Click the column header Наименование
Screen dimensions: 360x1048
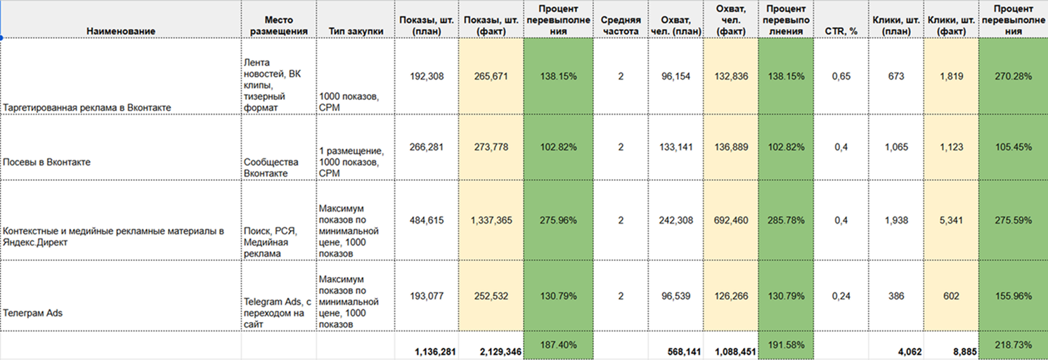pos(121,31)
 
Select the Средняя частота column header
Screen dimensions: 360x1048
pos(621,25)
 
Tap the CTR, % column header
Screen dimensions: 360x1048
pos(840,31)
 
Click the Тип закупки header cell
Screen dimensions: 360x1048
pos(356,31)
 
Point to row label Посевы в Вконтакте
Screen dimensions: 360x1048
pos(47,162)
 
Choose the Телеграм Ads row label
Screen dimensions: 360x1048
pos(33,314)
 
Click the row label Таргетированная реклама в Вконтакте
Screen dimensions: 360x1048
pos(87,108)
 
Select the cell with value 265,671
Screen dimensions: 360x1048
pos(491,77)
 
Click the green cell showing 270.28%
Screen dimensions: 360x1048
pos(1013,77)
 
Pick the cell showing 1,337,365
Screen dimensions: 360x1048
pos(491,220)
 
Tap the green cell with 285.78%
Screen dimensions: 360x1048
pos(786,220)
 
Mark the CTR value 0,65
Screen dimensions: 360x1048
pos(841,77)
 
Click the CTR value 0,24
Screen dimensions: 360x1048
pos(841,296)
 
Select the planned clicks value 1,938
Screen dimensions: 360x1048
pos(895,220)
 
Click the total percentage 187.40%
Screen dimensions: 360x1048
pos(558,345)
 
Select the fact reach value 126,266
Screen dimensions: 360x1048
pos(730,296)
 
